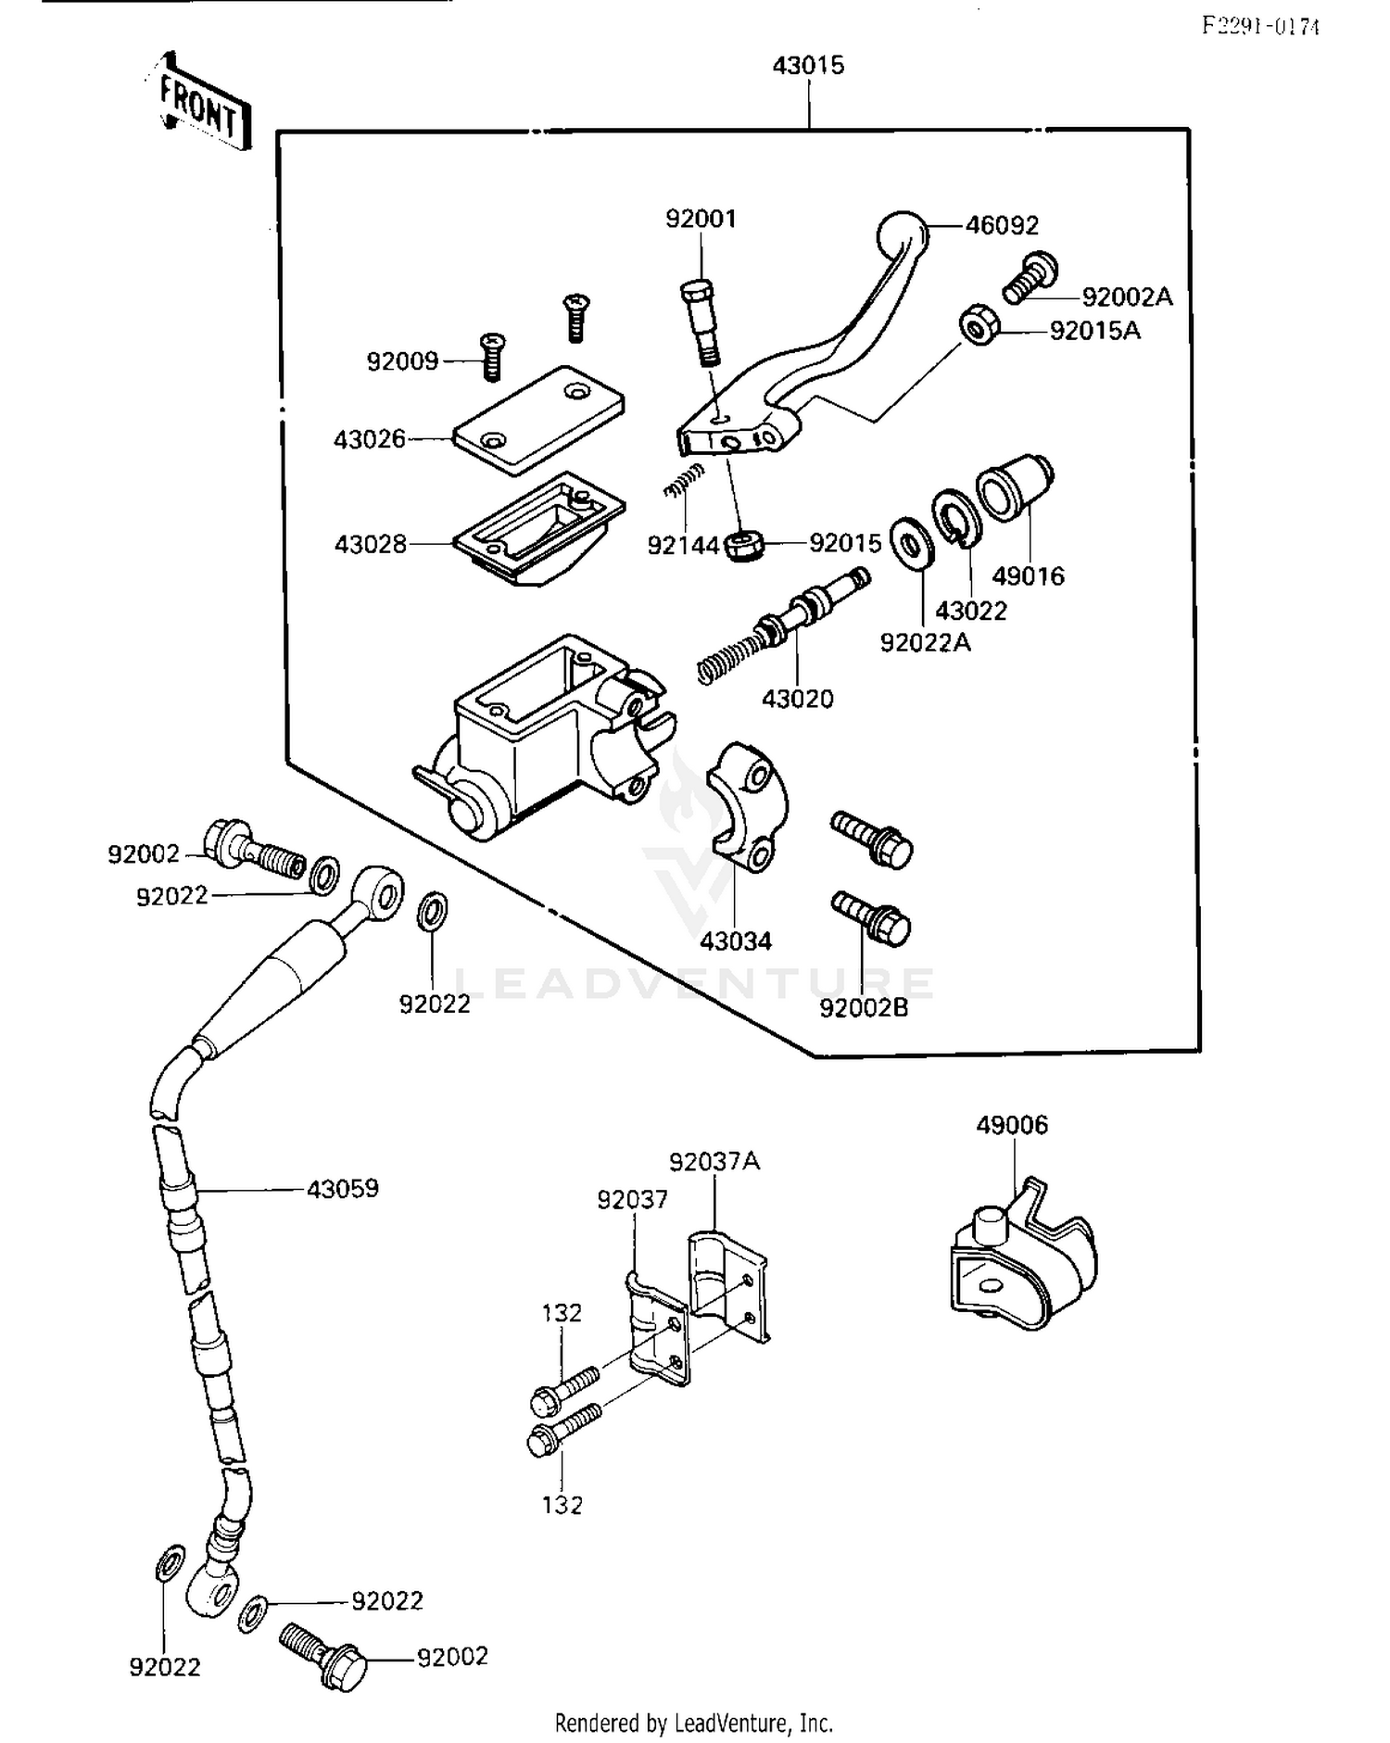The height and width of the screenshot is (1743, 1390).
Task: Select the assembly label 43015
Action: pos(808,66)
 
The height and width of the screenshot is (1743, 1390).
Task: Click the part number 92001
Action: pos(701,220)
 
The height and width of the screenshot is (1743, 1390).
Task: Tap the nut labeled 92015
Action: pos(744,545)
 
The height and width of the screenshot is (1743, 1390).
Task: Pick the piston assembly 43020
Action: pos(788,624)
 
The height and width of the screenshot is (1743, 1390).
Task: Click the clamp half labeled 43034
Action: pos(747,806)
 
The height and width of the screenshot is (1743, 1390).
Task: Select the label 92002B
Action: pos(864,1008)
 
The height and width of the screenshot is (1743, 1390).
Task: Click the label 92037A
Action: pos(714,1162)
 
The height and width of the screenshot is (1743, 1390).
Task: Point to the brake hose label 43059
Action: pos(343,1189)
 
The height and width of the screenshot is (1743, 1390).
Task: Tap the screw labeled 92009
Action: pos(491,357)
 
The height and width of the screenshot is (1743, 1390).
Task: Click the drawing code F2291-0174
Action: pos(1260,26)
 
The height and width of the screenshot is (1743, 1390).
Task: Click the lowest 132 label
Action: pos(562,1505)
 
